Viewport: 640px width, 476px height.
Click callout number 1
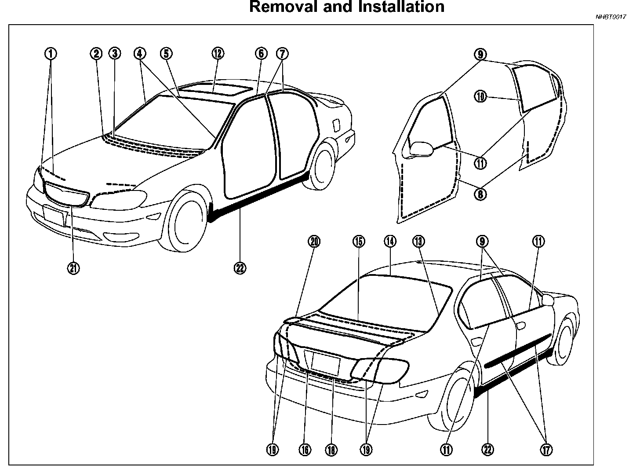[51, 54]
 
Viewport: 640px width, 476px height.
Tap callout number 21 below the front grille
[73, 267]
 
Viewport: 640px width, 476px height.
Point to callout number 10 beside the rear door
[481, 96]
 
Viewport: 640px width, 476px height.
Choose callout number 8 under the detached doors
[481, 194]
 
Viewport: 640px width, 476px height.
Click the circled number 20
[315, 241]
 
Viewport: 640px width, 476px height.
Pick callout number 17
[547, 449]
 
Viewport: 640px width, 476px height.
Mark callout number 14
[390, 241]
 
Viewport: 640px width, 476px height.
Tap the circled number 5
[166, 54]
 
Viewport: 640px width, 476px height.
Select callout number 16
[305, 449]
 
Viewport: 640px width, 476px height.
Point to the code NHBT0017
[611, 17]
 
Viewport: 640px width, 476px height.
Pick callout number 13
[418, 241]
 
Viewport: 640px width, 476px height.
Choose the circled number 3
[115, 54]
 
